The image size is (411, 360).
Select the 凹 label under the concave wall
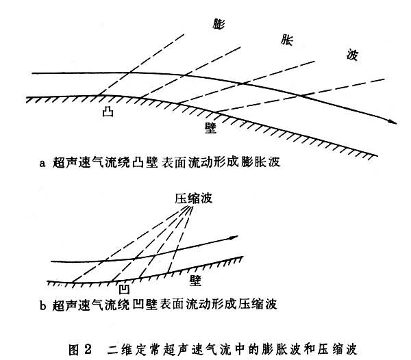point(125,287)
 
